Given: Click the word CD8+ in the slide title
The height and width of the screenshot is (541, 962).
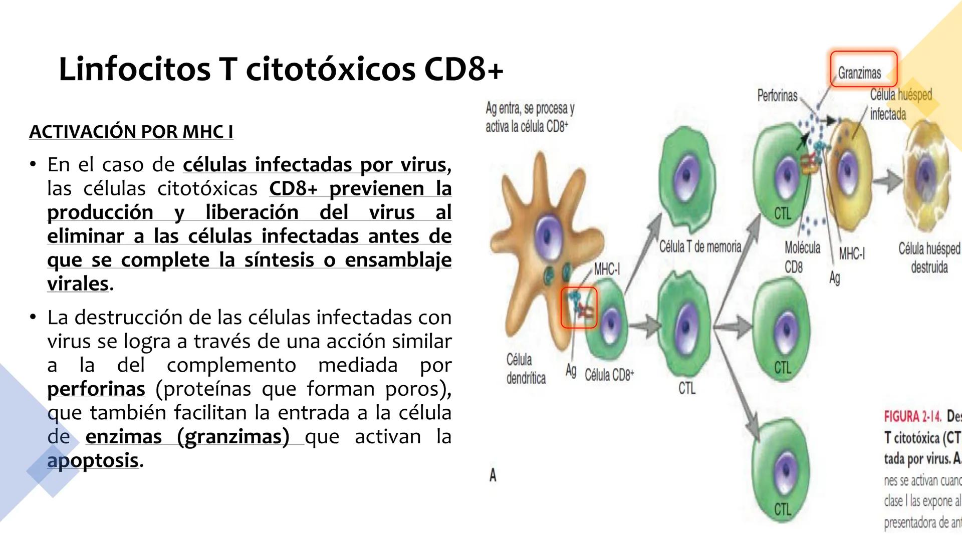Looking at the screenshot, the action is click(x=463, y=70).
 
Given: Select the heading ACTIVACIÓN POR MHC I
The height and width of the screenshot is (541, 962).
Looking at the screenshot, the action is click(x=131, y=132).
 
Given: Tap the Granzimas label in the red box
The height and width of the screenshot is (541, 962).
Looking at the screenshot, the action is click(x=859, y=73).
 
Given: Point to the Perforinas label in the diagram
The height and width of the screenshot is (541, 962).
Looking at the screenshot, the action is click(x=777, y=95).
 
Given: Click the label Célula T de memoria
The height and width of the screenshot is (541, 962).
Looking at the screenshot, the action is click(x=700, y=246).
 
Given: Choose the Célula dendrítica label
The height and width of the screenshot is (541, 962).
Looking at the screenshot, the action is click(x=526, y=369).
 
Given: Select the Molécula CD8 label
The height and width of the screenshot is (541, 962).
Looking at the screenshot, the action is click(x=802, y=257).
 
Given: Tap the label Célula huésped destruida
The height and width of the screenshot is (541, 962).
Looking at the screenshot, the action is click(x=929, y=257).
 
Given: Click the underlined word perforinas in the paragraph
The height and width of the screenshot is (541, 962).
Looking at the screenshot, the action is click(x=96, y=389).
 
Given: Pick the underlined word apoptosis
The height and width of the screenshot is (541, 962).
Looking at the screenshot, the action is click(x=93, y=461).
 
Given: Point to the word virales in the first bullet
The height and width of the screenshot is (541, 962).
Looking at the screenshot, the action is click(x=78, y=284).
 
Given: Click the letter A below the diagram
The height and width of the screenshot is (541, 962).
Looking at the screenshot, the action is click(x=493, y=475).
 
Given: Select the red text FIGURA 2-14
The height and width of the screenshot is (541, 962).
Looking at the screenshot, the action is click(x=912, y=417).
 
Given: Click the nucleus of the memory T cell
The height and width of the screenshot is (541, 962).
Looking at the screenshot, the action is click(x=684, y=174).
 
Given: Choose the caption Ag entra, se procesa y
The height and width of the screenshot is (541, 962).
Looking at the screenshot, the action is click(x=530, y=108).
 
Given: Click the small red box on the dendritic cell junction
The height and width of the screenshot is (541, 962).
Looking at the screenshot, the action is click(x=579, y=308).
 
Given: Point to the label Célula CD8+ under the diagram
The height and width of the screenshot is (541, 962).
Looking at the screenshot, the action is click(x=609, y=375).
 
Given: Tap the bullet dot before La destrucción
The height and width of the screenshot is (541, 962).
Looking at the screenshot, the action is click(x=33, y=317).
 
